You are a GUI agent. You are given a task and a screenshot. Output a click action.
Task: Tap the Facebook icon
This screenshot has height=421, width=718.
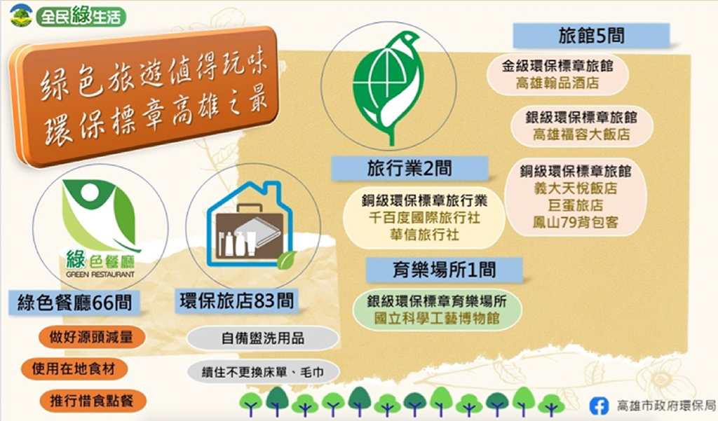(x=599, y=406)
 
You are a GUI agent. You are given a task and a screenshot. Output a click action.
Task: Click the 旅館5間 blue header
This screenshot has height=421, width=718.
(x=591, y=36)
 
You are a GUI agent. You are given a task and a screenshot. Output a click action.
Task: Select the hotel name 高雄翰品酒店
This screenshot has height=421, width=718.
(x=557, y=83)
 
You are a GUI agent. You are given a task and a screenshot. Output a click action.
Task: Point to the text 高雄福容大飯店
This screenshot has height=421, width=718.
(x=581, y=134)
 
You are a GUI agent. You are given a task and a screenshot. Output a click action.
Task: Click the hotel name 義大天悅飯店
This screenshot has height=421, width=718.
(x=576, y=188)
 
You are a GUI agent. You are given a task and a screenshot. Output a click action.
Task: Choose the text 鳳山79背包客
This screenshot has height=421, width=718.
(x=576, y=222)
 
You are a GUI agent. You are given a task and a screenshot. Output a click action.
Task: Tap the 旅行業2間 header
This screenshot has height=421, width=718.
(x=409, y=168)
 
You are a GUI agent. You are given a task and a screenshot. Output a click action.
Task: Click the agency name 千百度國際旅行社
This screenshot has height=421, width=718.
(x=424, y=217)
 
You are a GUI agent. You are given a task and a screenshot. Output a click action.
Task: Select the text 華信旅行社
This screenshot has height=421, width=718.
(x=424, y=234)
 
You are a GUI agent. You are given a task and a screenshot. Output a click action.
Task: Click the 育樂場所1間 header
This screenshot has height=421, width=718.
(x=444, y=270)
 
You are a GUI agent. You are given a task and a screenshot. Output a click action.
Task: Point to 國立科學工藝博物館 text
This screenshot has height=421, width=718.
(x=437, y=318)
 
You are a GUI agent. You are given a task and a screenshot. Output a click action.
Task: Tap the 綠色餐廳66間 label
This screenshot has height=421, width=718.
(x=74, y=303)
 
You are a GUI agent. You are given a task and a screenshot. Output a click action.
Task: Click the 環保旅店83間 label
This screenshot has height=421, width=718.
(x=237, y=301)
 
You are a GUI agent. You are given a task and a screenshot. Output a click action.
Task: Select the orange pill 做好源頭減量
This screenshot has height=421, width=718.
(x=91, y=337)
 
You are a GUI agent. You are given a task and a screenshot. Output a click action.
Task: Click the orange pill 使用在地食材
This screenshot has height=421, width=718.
(x=73, y=369)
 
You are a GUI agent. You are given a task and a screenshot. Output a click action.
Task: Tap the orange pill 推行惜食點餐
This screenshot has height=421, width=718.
(x=92, y=401)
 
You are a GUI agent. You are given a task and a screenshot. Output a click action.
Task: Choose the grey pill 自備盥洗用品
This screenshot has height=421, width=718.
(x=263, y=338)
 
